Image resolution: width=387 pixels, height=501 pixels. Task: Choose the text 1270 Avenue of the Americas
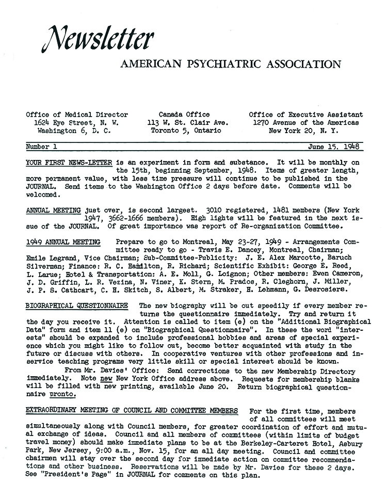305,123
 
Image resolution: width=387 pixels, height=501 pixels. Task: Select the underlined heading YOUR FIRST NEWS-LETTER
69,162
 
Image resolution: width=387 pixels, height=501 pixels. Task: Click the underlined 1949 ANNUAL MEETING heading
56,241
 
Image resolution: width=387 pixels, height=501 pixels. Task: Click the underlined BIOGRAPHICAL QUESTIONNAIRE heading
76,305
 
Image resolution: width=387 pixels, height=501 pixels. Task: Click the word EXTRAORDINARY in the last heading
52,411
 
